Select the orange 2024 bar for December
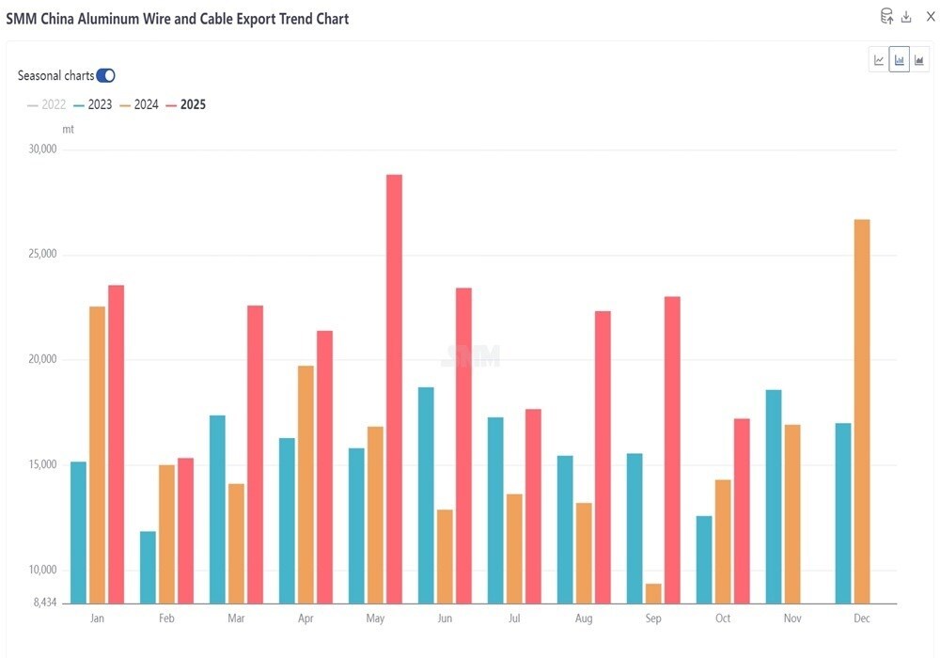(862, 411)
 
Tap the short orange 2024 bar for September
(653, 593)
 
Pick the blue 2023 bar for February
(148, 567)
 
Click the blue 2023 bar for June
(426, 494)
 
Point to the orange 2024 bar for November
(792, 513)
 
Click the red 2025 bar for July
(533, 506)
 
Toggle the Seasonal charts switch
(105, 75)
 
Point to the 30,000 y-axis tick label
(43, 149)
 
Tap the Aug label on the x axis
(584, 619)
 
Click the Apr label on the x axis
(305, 619)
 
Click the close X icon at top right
(931, 16)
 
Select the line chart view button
(879, 60)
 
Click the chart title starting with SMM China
(178, 19)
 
